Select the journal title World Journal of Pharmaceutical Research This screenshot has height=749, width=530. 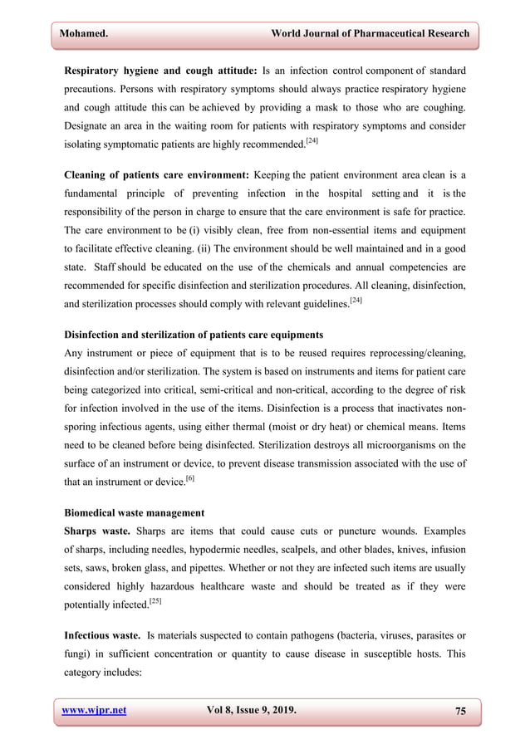click(x=371, y=34)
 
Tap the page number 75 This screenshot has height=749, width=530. click(x=460, y=711)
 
